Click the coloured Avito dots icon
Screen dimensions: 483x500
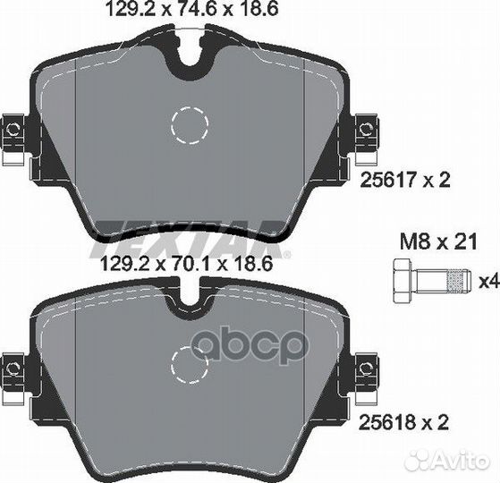tap(419, 460)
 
